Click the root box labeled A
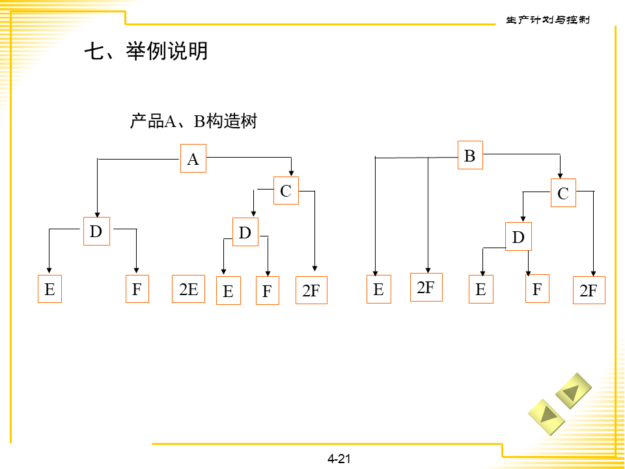193,158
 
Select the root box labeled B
470,156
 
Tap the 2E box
188,289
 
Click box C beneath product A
286,191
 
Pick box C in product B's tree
563,193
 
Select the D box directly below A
96,231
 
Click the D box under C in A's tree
245,233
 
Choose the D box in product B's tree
518,237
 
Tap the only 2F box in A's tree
311,291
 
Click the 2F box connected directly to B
426,287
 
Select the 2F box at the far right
589,291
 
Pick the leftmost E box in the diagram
49,289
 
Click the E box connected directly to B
379,289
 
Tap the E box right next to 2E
228,291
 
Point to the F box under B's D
537,289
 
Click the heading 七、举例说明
146,51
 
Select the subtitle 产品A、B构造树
193,121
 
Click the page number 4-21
339,459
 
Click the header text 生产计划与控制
548,20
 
